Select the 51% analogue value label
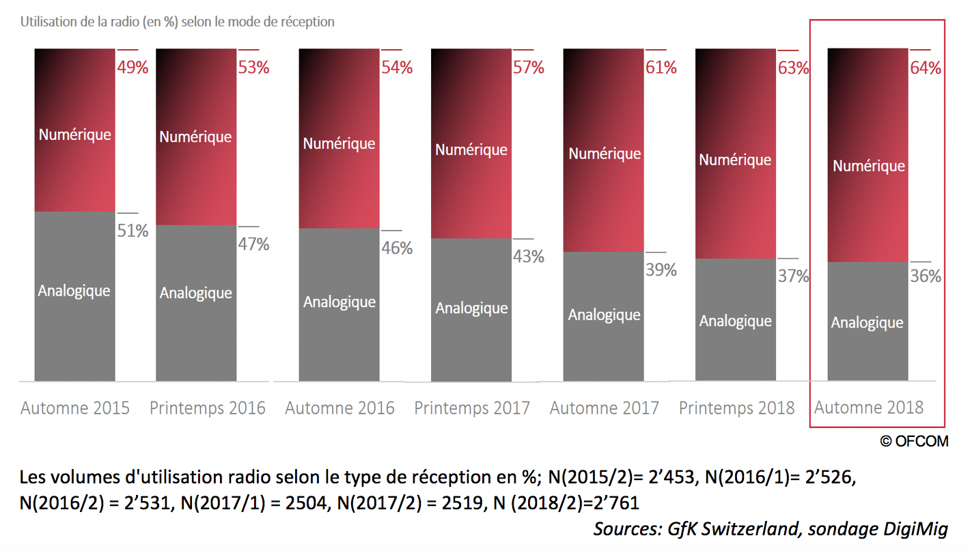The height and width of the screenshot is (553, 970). click(x=133, y=231)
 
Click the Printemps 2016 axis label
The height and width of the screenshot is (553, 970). click(x=208, y=408)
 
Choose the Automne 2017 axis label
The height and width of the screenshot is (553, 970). click(x=604, y=408)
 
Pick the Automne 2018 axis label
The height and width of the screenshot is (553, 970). click(x=868, y=408)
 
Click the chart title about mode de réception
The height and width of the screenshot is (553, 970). click(x=178, y=22)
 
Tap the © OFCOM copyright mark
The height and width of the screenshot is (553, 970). click(x=914, y=441)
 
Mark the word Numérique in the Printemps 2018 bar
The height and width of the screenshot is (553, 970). click(x=735, y=160)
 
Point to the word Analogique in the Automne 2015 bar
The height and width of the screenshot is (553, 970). click(x=74, y=290)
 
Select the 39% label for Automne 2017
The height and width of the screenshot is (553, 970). click(x=661, y=270)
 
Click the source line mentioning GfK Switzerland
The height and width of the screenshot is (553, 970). click(x=771, y=528)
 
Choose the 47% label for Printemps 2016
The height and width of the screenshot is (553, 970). click(x=253, y=244)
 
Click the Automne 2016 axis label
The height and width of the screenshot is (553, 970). click(x=339, y=408)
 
